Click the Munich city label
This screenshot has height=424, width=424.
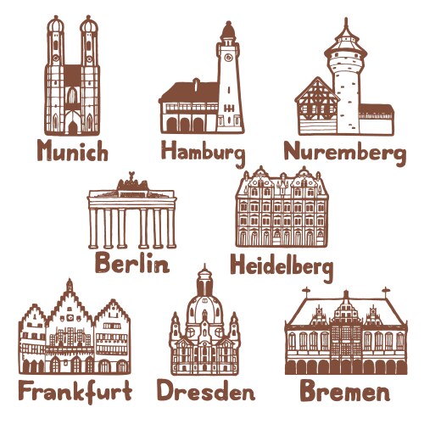click(72, 152)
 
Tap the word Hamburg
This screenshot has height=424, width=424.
click(203, 153)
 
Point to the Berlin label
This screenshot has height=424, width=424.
click(131, 264)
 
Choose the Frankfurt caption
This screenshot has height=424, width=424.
click(75, 392)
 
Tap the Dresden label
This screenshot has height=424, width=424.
click(205, 392)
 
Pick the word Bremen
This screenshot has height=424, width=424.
click(344, 393)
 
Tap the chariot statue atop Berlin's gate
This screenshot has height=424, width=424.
click(131, 181)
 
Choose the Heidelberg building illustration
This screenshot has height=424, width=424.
click(280, 208)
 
